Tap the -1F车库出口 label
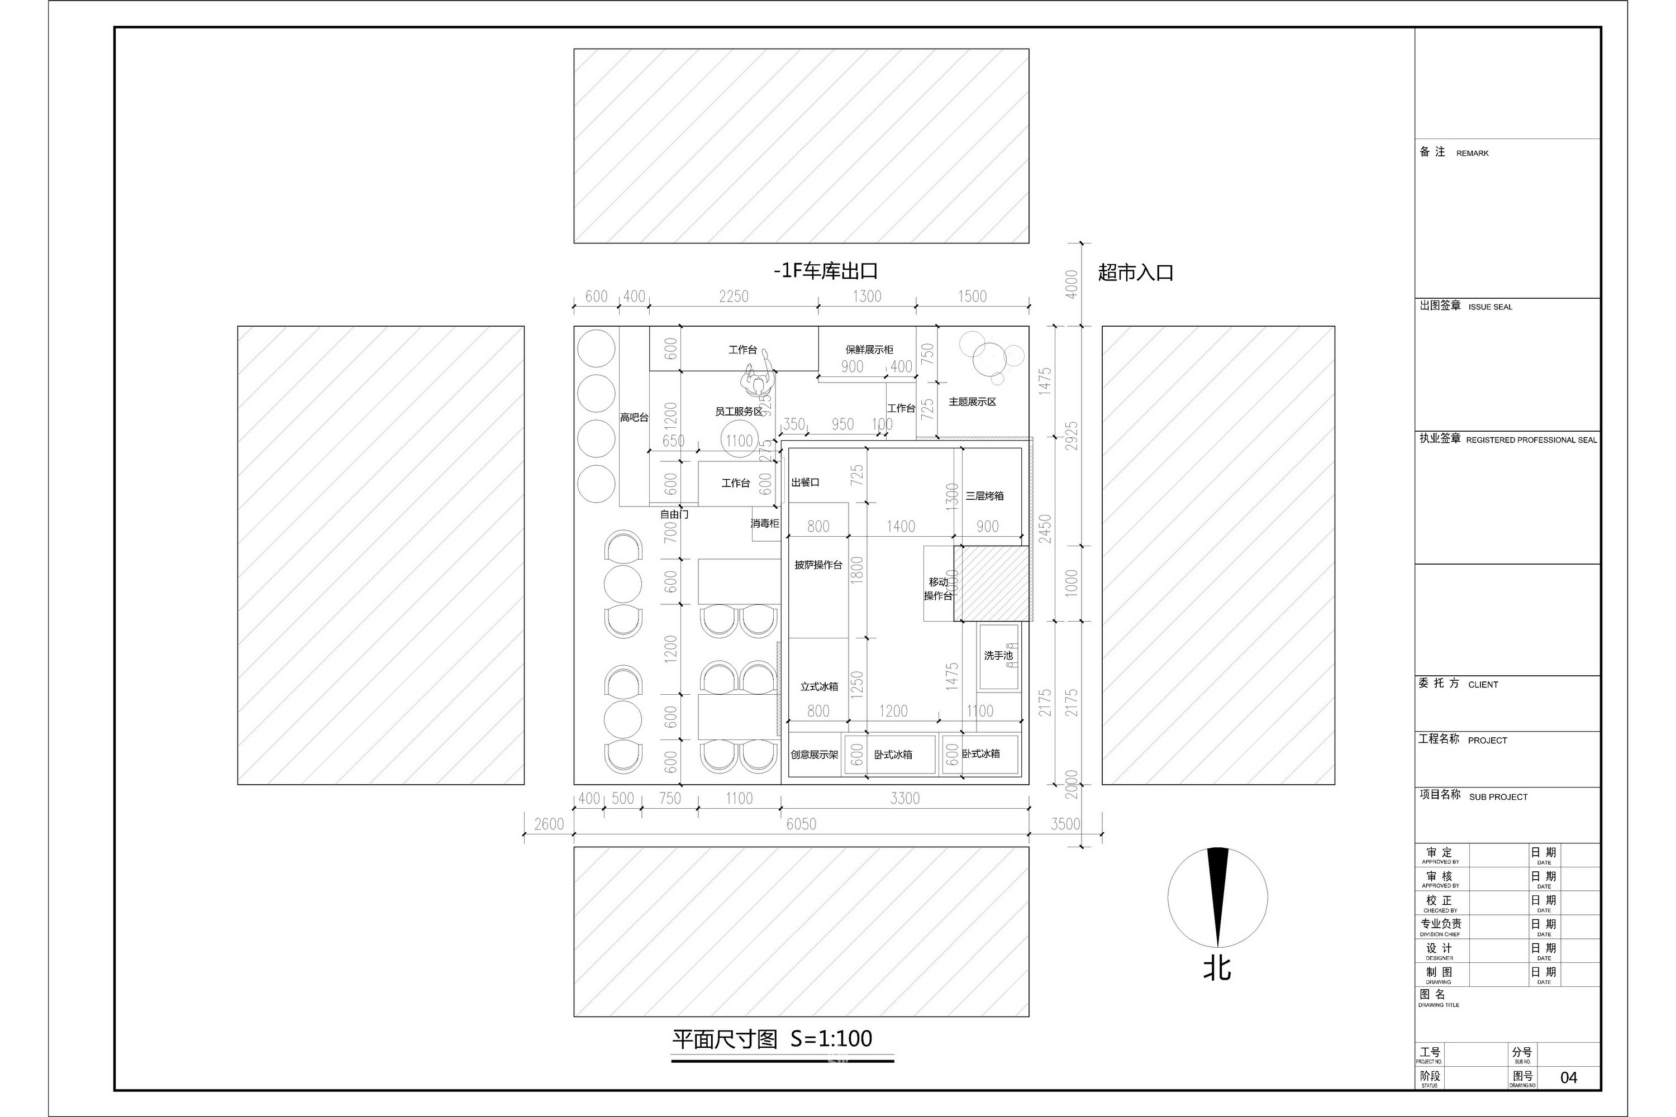tap(825, 271)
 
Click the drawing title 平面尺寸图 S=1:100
tap(772, 1039)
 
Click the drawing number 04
tap(1568, 1077)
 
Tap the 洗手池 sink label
tap(998, 655)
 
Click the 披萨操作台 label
tap(818, 565)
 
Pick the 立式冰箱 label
tap(819, 687)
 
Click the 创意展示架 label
tap(814, 755)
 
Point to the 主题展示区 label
tap(972, 402)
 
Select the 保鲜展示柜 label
tap(869, 349)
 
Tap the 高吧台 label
tap(634, 417)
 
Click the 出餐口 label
tap(805, 483)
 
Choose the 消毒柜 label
tap(765, 524)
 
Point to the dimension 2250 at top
tap(733, 297)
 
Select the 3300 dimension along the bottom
tap(904, 798)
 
